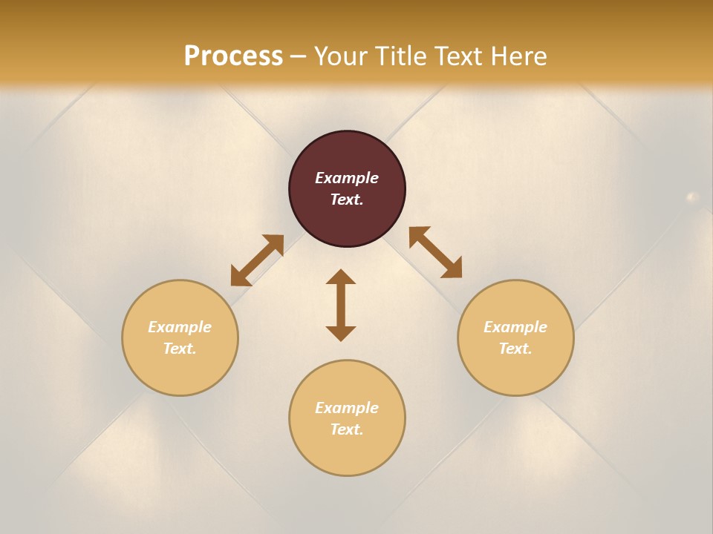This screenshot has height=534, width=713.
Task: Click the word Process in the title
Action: click(x=233, y=56)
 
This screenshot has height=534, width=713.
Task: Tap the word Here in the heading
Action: click(x=518, y=56)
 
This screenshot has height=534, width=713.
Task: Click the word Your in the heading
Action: click(x=342, y=56)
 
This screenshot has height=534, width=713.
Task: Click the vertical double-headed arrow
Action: click(x=341, y=305)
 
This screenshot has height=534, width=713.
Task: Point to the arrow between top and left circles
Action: click(x=257, y=260)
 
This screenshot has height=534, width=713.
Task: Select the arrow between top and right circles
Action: click(x=435, y=252)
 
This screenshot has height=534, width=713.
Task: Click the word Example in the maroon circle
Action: click(x=347, y=178)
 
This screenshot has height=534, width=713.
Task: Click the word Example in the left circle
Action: click(x=180, y=327)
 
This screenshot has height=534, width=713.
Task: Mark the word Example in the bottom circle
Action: click(x=347, y=408)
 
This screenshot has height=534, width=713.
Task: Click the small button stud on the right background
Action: click(x=692, y=197)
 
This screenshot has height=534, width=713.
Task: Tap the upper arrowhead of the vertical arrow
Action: click(x=341, y=277)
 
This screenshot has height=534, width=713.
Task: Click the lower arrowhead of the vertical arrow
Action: click(x=341, y=333)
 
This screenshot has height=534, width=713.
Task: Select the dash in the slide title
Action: click(x=299, y=56)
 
